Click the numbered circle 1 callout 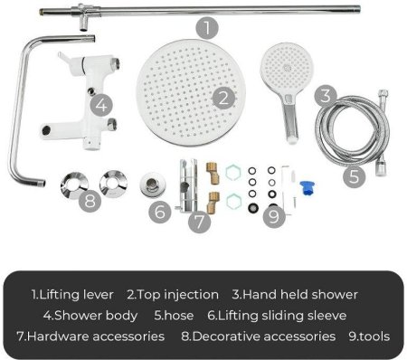click(207, 28)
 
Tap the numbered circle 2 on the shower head click(223, 99)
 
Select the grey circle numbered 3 click(326, 97)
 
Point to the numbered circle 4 click(101, 106)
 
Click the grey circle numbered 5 click(355, 176)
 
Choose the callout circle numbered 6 click(160, 212)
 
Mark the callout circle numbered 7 click(199, 222)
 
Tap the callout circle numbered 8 click(90, 201)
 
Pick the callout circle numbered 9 click(274, 216)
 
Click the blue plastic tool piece click(307, 188)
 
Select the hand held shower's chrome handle click(289, 119)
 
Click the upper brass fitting click(213, 173)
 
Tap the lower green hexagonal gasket click(233, 202)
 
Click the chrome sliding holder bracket click(188, 185)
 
